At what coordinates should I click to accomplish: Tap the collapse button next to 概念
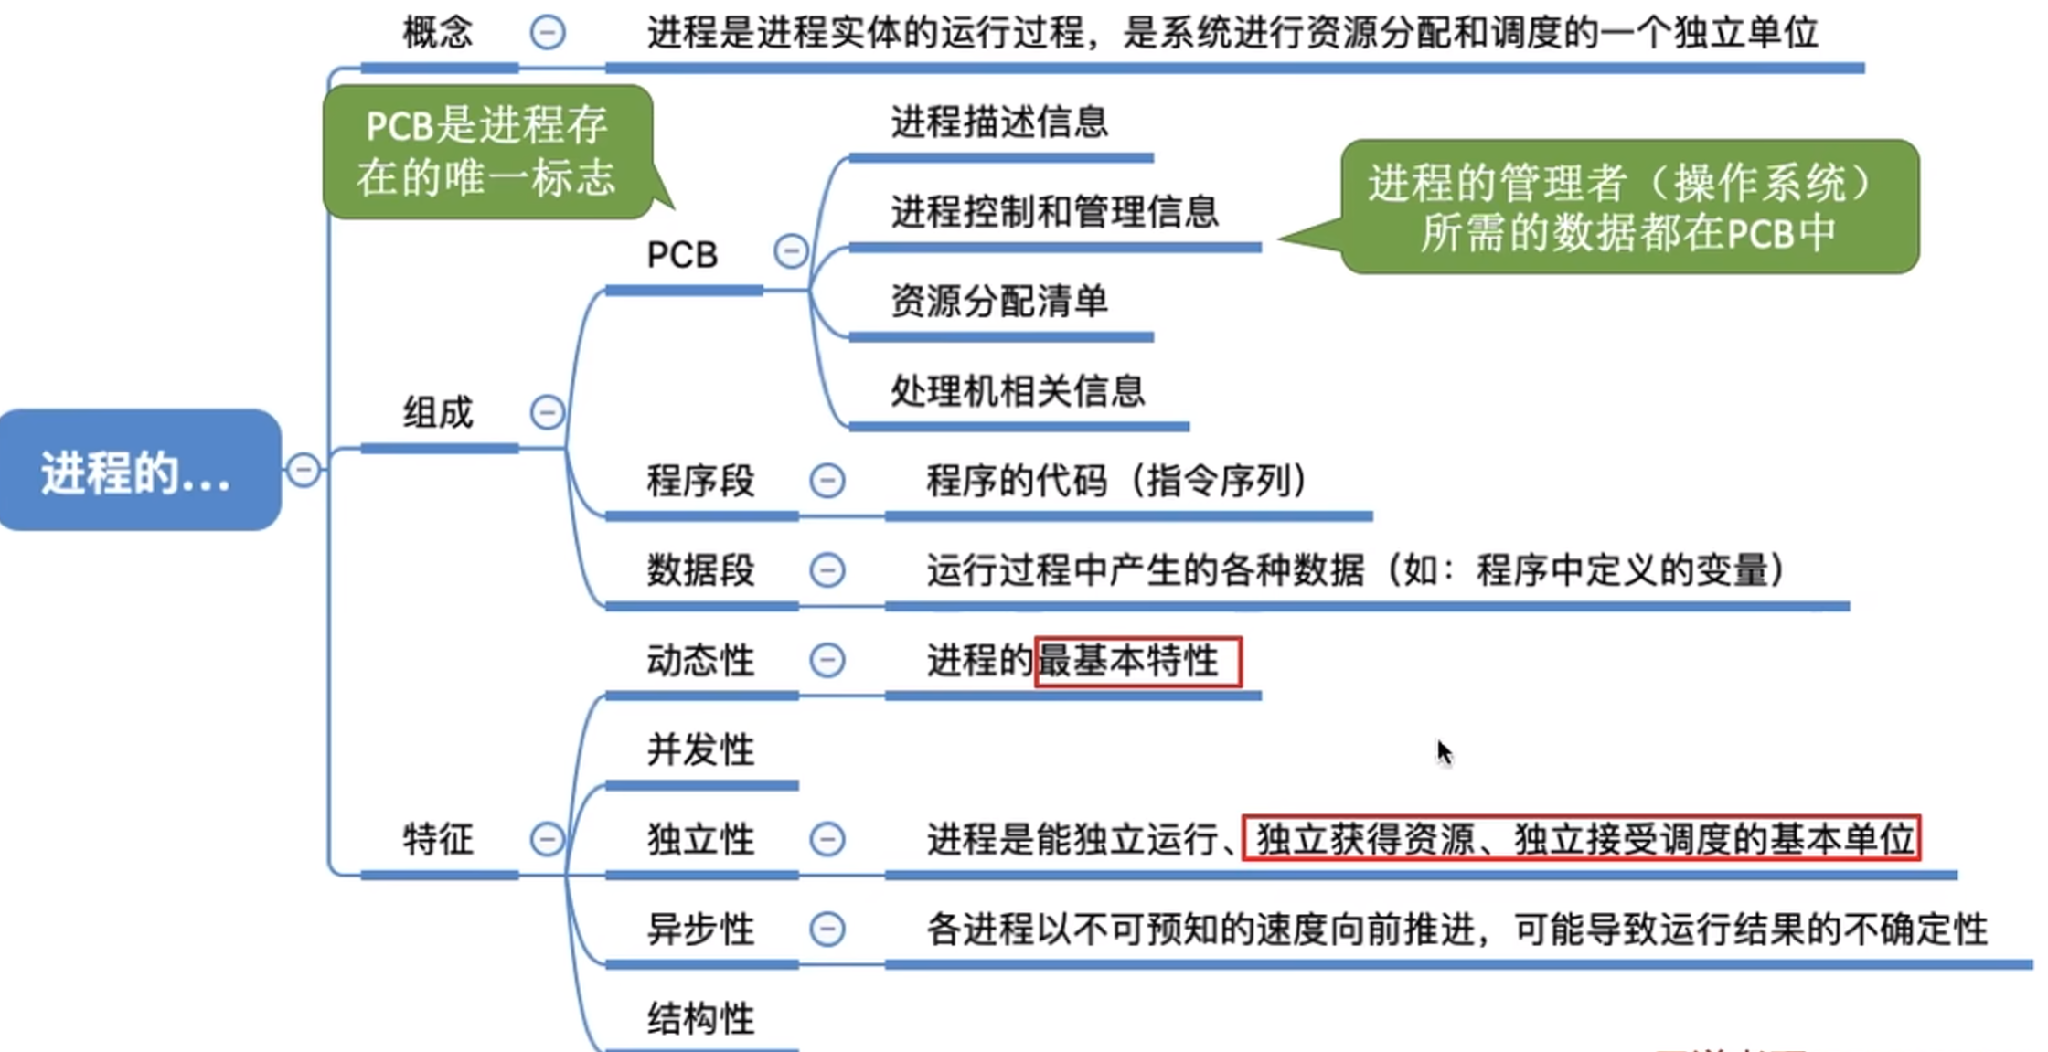pos(548,33)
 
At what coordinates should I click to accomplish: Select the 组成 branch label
pos(438,413)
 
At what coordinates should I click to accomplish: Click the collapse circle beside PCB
pos(791,251)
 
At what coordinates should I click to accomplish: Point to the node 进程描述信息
pos(999,122)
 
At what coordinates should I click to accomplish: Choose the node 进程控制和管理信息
pos(1054,212)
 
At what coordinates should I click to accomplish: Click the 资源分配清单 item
pos(999,302)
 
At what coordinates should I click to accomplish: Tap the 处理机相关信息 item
pos(1018,391)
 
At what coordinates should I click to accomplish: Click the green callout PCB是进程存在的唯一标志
pos(487,152)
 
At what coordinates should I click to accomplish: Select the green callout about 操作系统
pos(1628,207)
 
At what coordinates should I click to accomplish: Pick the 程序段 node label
pos(700,481)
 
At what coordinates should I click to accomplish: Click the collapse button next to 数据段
pos(827,570)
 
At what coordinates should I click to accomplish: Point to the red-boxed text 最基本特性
pos(1137,661)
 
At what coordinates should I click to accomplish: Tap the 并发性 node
pos(700,750)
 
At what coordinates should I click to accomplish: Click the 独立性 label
pos(700,840)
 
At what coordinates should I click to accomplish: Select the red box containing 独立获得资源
pos(1581,839)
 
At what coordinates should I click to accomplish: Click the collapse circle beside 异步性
pos(827,930)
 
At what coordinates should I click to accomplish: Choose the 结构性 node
pos(700,1018)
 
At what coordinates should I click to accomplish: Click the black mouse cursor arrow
pos(1444,753)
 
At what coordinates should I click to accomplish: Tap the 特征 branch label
pos(438,840)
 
